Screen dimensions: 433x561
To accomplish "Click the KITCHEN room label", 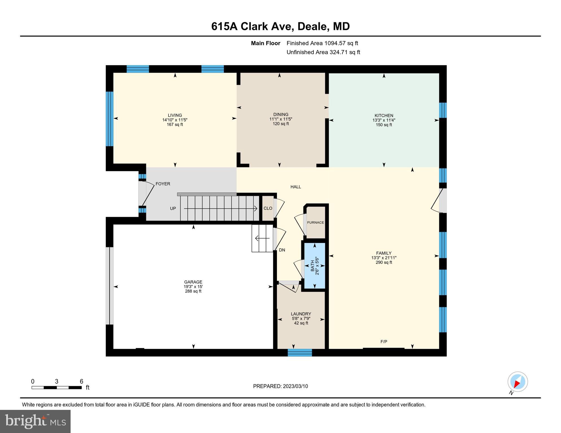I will click(x=384, y=116).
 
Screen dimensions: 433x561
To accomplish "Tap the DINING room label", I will click(x=281, y=114).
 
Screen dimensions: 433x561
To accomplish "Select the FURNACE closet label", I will click(x=315, y=222).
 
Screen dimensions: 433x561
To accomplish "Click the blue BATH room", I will click(x=315, y=266).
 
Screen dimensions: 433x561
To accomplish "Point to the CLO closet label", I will click(x=268, y=208).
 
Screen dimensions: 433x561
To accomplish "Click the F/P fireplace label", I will click(x=384, y=342).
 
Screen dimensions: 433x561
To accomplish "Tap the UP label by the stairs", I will click(x=173, y=208).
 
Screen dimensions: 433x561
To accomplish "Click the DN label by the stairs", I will click(x=282, y=250).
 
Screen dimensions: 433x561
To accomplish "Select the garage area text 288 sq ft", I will click(x=193, y=291).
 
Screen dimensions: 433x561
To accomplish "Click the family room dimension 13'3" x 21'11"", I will click(x=384, y=258).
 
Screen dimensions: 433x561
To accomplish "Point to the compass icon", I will click(x=518, y=382).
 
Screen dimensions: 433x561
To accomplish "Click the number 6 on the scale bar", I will click(x=81, y=381).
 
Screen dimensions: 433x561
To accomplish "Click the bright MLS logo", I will click(x=35, y=421).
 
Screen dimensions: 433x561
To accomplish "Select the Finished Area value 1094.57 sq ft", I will click(x=341, y=43).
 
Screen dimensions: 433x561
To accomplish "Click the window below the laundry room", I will click(x=300, y=353).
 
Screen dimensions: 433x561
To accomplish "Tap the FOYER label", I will click(x=163, y=184).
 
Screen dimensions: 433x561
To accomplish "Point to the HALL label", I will click(x=296, y=187).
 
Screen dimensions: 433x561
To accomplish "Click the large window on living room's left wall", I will click(x=110, y=119).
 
